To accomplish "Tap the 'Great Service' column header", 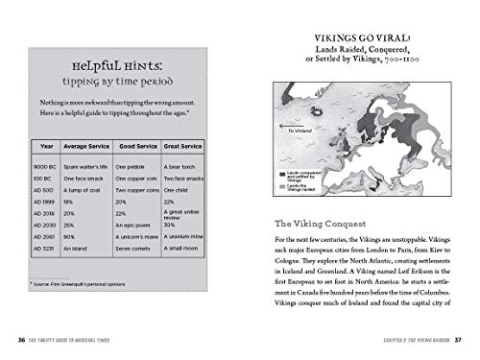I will click(185, 146).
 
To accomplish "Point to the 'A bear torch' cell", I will click(182, 166).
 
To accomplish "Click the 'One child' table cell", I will click(179, 192).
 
